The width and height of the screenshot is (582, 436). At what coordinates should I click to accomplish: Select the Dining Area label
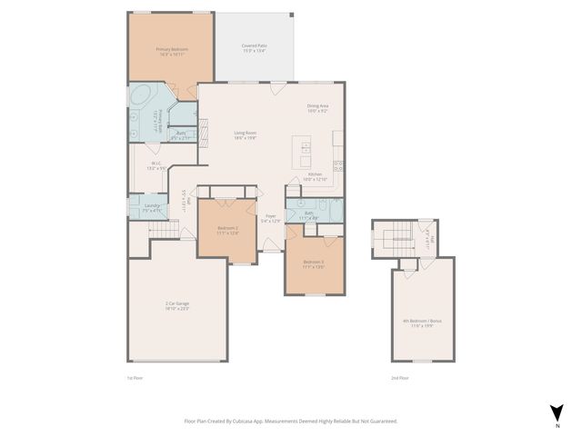pyautogui.click(x=318, y=106)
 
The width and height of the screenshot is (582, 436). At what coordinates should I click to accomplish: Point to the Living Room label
pyautogui.click(x=246, y=134)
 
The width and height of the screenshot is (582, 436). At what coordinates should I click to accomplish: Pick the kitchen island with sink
pyautogui.click(x=304, y=153)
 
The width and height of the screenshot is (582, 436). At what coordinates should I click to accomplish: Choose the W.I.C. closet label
pyautogui.click(x=156, y=164)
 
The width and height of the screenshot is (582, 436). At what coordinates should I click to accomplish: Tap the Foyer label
pyautogui.click(x=270, y=216)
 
